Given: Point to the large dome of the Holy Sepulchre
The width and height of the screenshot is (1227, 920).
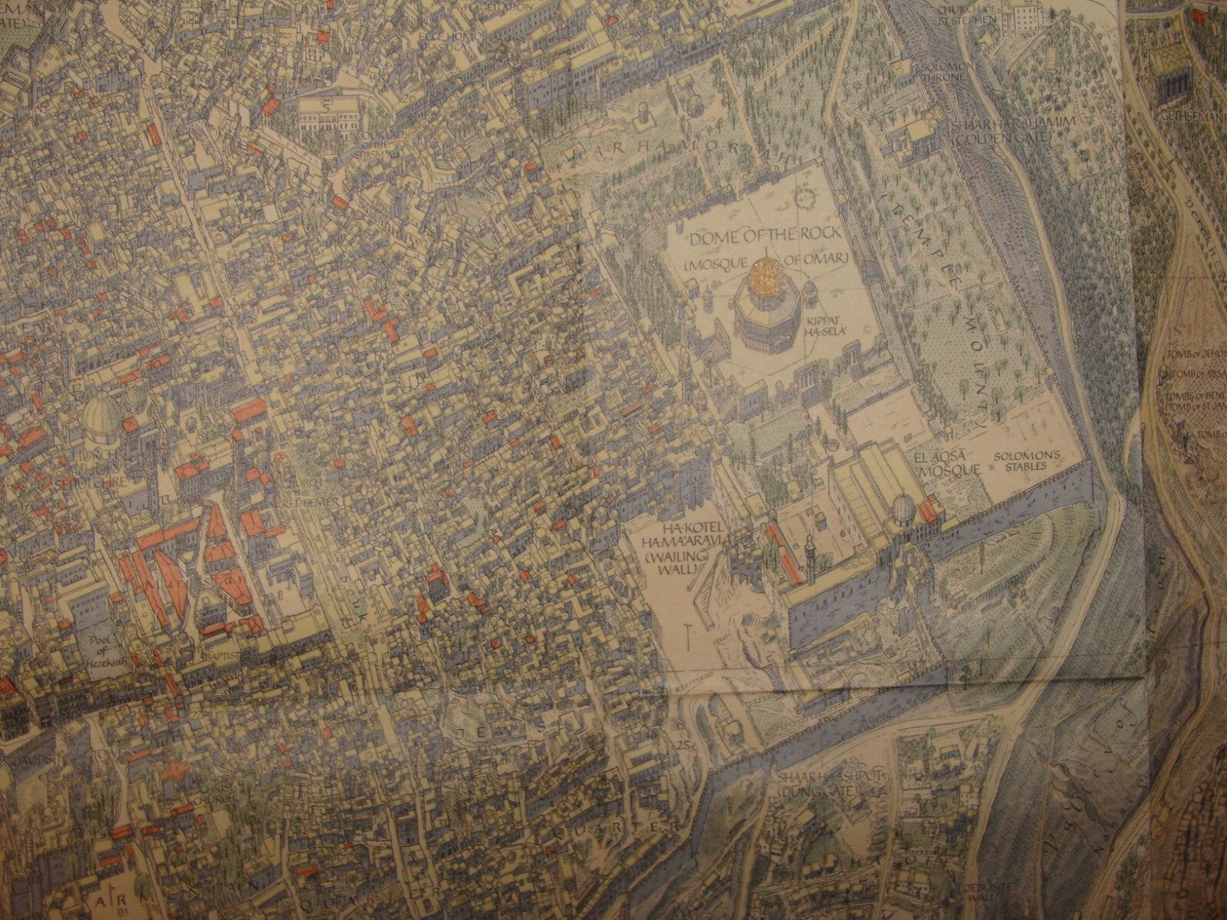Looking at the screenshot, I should click(x=102, y=418).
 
